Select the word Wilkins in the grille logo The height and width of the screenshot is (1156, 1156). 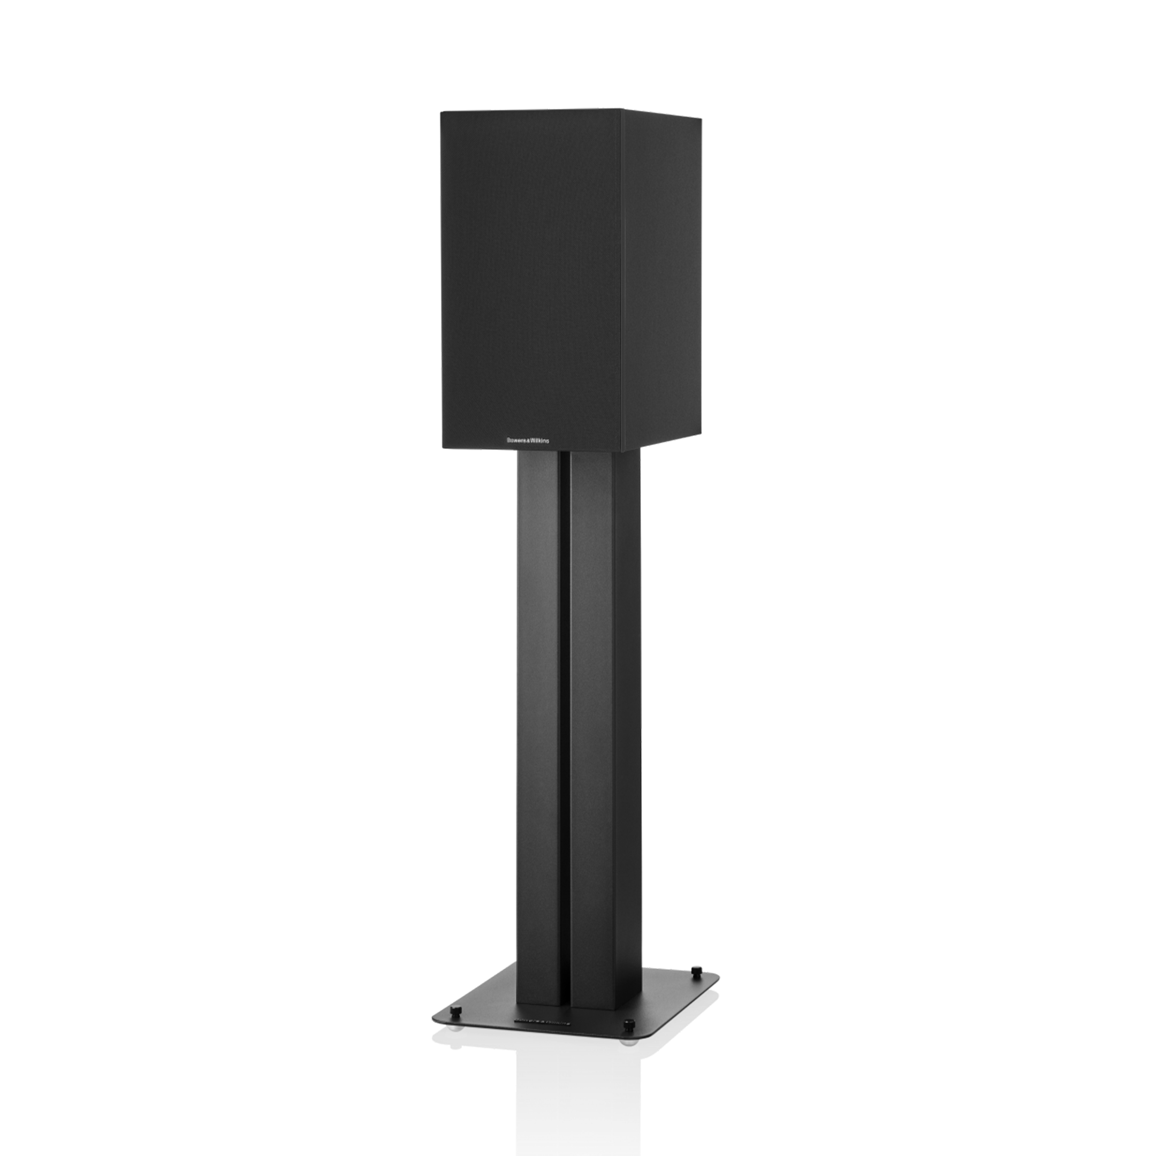[538, 440]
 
